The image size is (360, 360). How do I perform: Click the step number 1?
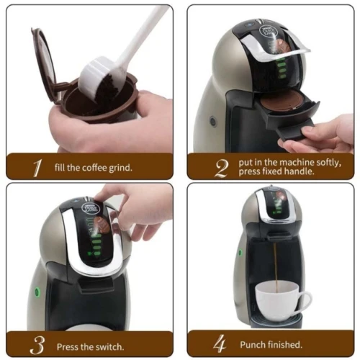(x=37, y=168)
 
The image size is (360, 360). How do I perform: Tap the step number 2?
(x=221, y=168)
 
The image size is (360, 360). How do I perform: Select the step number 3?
(x=37, y=345)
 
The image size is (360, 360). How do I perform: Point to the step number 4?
(x=220, y=343)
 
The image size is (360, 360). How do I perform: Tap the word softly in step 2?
(x=328, y=163)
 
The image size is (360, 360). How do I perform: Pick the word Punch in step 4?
(x=253, y=345)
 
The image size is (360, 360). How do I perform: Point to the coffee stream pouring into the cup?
(x=276, y=268)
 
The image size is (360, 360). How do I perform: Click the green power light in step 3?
(x=37, y=292)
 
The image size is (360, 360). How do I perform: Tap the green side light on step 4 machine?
(x=240, y=253)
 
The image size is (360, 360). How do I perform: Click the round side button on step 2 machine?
(x=213, y=121)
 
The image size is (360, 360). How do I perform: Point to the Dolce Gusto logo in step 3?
(x=90, y=208)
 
